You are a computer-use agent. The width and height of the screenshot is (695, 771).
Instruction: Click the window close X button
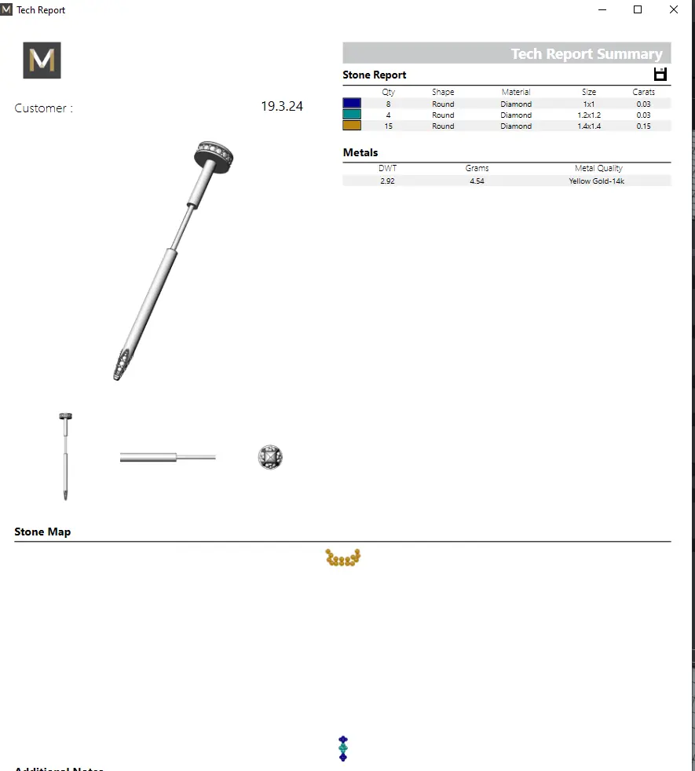point(674,10)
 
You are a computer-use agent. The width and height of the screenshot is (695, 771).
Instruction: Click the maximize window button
point(638,10)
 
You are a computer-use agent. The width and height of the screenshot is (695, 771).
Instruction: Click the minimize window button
point(602,10)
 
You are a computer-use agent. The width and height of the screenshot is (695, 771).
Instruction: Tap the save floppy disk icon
point(660,75)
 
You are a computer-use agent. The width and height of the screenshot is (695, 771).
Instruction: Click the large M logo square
point(42,60)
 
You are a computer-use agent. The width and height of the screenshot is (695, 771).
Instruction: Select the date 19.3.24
point(282,107)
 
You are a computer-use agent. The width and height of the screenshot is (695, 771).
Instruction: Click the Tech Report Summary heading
point(586,54)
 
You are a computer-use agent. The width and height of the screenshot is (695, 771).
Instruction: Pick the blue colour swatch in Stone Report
point(352,104)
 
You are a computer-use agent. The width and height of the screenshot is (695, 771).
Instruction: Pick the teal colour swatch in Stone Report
point(352,115)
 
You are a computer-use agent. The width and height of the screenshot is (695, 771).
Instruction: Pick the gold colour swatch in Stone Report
point(352,126)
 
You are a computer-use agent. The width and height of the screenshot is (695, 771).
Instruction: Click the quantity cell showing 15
point(388,126)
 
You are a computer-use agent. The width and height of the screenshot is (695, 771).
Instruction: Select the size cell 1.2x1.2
point(589,115)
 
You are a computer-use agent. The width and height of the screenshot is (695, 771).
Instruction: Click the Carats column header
point(644,92)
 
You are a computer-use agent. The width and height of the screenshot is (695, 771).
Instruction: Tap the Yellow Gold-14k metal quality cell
point(597,181)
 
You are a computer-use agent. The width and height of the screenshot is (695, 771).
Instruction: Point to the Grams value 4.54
point(477,181)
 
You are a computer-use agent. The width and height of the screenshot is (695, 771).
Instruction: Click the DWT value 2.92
point(387,181)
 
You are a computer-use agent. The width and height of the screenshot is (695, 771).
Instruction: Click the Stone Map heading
point(42,532)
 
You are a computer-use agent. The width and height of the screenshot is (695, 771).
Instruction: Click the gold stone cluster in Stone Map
point(343,558)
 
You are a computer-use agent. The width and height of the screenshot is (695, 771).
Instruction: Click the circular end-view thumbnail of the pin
point(270,457)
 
